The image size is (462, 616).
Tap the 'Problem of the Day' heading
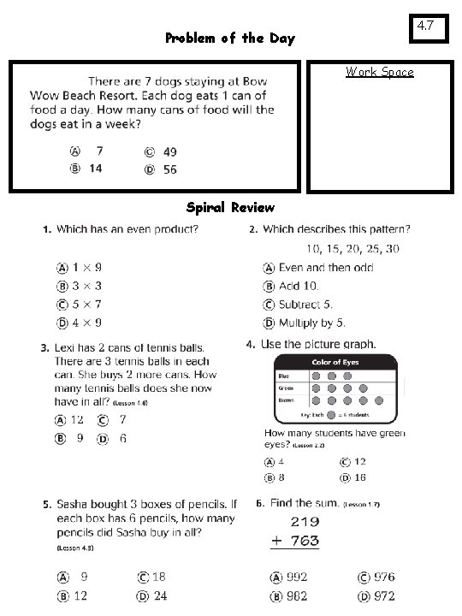tap(229, 38)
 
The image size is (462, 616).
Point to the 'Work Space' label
tap(379, 72)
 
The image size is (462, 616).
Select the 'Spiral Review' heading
tap(230, 208)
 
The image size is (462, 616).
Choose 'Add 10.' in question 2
tap(298, 286)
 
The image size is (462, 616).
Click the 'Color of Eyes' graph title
tap(335, 363)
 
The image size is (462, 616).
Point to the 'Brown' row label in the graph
tap(285, 400)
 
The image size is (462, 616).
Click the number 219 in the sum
tap(305, 521)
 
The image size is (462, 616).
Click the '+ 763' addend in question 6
tap(294, 541)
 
